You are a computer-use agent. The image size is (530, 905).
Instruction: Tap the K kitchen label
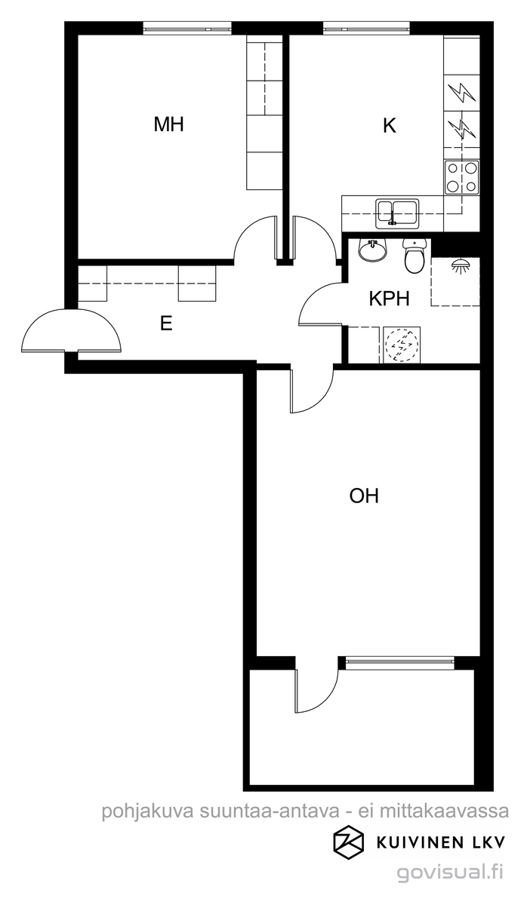pyautogui.click(x=390, y=126)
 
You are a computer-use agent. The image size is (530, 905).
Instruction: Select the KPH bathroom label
pyautogui.click(x=390, y=299)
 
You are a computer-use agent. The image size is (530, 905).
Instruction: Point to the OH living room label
pyautogui.click(x=364, y=495)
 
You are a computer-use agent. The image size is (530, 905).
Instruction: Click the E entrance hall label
pyautogui.click(x=166, y=324)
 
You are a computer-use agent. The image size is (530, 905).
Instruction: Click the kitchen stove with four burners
pyautogui.click(x=461, y=177)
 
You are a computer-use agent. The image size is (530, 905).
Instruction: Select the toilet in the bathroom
pyautogui.click(x=415, y=256)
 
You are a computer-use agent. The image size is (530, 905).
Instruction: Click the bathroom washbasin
pyautogui.click(x=373, y=250)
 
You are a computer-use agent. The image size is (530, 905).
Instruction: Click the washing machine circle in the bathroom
pyautogui.click(x=402, y=344)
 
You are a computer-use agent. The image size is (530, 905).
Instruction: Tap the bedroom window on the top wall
pyautogui.click(x=187, y=29)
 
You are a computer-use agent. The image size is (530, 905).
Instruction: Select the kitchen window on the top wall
pyautogui.click(x=366, y=29)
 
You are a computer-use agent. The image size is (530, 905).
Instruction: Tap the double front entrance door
pyautogui.click(x=71, y=330)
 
